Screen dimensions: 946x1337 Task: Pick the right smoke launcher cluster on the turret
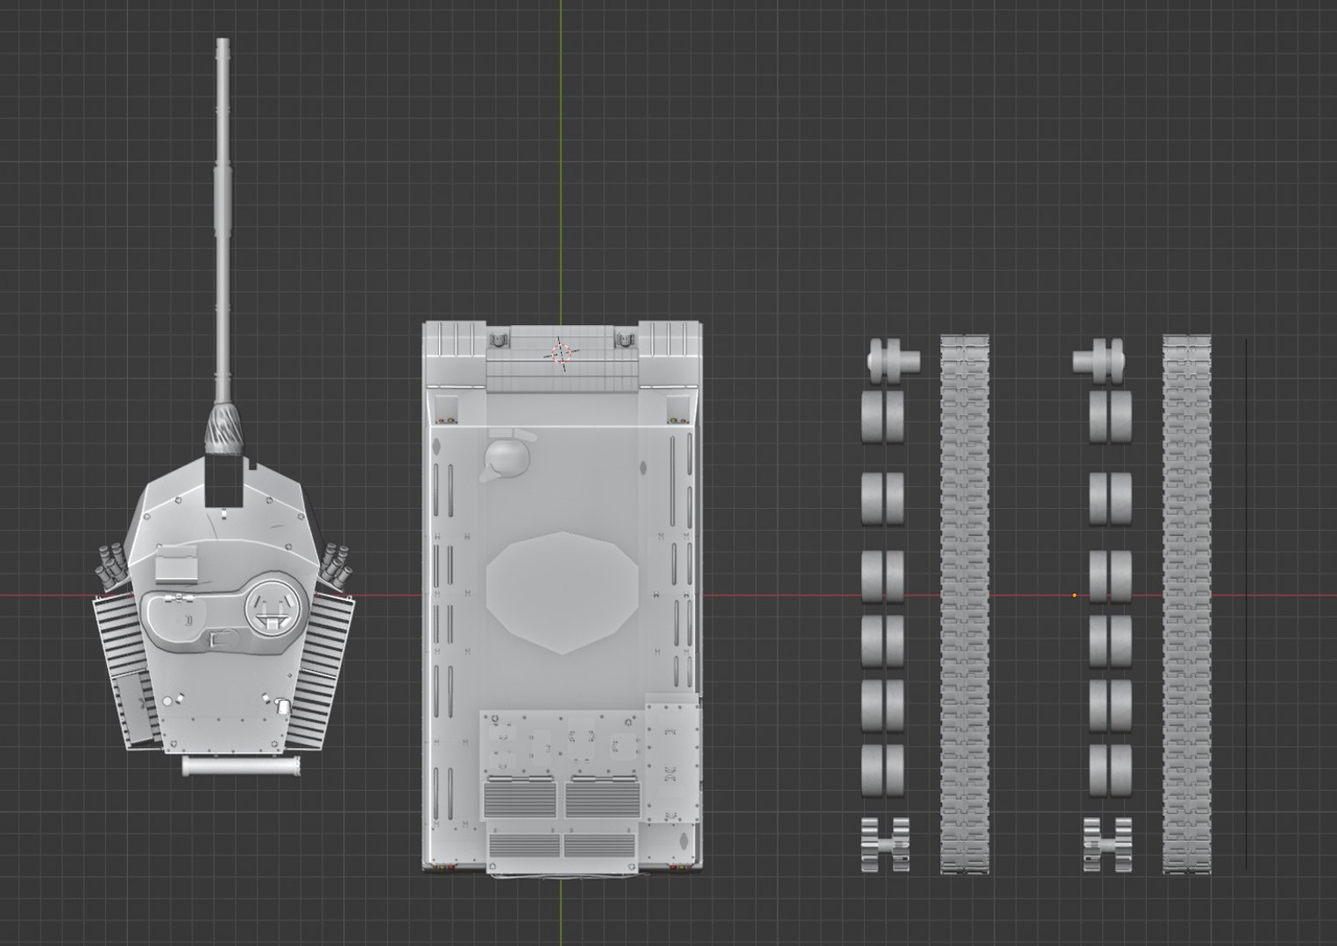click(x=336, y=562)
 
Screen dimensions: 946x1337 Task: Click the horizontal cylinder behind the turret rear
click(x=242, y=766)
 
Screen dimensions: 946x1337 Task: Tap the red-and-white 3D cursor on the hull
click(x=562, y=353)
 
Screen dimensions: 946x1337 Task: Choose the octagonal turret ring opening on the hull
click(x=562, y=592)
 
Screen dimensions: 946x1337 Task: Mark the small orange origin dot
click(x=1075, y=596)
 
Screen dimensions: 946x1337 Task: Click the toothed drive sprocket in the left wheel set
click(x=885, y=844)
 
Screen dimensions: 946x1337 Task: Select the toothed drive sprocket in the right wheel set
click(x=1107, y=844)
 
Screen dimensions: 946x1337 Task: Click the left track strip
click(x=965, y=604)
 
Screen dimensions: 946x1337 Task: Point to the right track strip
click(x=1187, y=604)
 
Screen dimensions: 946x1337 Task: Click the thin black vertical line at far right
click(x=1246, y=604)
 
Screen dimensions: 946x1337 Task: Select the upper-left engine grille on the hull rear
click(x=520, y=798)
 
